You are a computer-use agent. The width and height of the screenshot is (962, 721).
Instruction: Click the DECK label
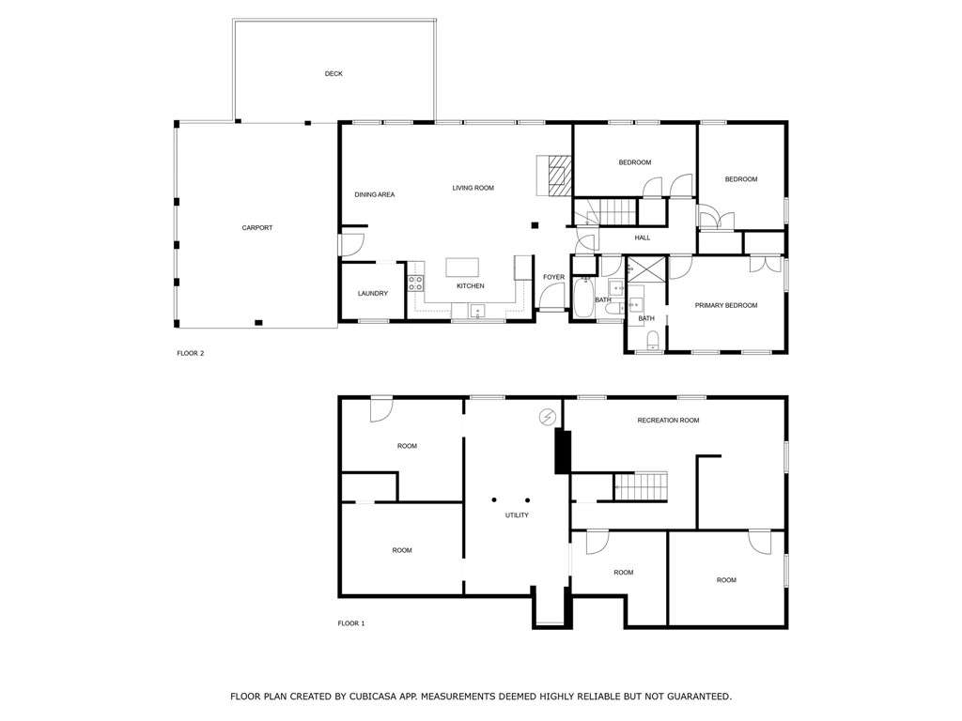pos(334,73)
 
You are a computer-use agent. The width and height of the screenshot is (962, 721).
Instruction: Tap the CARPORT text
pos(256,228)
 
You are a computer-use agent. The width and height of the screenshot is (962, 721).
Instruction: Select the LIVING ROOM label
pos(473,188)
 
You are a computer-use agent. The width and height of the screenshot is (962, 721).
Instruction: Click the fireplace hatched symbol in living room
pos(560,176)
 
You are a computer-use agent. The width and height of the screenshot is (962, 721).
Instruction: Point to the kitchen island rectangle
pos(462,267)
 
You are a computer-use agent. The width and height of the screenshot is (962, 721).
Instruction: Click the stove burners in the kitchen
pos(415,281)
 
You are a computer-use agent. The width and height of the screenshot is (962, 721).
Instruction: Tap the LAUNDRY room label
pos(373,294)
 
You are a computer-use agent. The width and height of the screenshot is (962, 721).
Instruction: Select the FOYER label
pos(553,277)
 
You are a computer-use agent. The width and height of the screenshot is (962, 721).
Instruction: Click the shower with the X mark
pos(647,268)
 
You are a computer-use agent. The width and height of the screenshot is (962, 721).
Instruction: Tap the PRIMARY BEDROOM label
pos(725,305)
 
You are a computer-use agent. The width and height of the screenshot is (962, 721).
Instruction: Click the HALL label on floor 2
pos(643,238)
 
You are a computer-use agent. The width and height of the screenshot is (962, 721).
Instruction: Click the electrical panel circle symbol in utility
pos(547,416)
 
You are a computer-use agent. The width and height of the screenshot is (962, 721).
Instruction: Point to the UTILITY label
pos(517,515)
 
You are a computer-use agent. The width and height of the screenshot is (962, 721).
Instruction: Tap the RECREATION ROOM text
pos(668,421)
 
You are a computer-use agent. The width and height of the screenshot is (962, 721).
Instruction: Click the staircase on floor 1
pos(641,487)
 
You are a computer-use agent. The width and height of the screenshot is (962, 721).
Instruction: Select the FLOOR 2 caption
pos(190,354)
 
